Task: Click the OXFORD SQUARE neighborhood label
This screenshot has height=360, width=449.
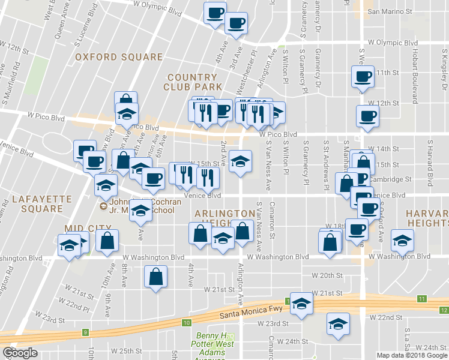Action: pos(119,57)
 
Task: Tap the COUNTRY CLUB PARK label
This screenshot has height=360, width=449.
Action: pos(192,82)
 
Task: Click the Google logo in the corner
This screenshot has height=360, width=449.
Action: pos(20,353)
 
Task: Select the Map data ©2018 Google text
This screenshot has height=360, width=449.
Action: pos(411,355)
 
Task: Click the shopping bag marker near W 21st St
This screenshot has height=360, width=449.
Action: pos(155,277)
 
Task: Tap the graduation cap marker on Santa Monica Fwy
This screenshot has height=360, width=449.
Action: pos(302,304)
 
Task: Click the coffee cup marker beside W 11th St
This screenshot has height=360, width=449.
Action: pos(363,77)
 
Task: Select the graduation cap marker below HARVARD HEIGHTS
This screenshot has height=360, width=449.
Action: pos(402,241)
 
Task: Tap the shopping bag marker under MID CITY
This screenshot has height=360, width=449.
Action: pos(107,241)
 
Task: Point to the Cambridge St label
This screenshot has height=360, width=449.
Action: pos(391,179)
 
